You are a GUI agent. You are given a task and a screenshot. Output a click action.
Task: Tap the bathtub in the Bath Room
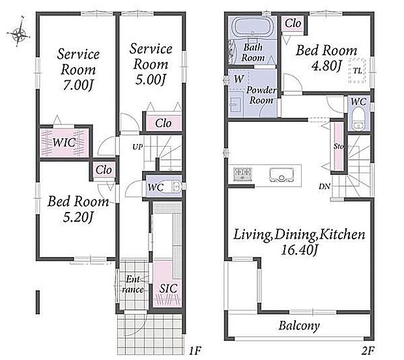pyautogui.click(x=253, y=27)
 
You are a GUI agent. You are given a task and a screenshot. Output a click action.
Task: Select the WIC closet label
pyautogui.click(x=64, y=142)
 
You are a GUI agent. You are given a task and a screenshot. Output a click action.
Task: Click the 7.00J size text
pyautogui.click(x=78, y=85)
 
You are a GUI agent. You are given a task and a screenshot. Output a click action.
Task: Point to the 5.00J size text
pyautogui.click(x=150, y=79)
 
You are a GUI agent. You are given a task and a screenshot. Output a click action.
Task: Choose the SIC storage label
pyautogui.click(x=168, y=288)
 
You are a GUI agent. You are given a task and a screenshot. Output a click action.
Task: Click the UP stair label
pyautogui.click(x=137, y=147)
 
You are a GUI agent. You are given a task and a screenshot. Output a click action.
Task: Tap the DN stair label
pyautogui.click(x=325, y=186)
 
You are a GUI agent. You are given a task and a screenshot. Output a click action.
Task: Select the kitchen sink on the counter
pyautogui.click(x=282, y=175)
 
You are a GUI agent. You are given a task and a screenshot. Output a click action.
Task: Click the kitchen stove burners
pyautogui.click(x=242, y=173)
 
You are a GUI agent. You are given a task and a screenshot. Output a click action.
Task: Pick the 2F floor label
pyautogui.click(x=367, y=351)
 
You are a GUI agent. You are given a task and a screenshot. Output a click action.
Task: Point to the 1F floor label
pyautogui.click(x=195, y=351)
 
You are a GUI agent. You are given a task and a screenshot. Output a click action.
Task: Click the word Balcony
pyautogui.click(x=299, y=325)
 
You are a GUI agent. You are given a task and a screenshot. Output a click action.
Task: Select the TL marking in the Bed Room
pyautogui.click(x=357, y=70)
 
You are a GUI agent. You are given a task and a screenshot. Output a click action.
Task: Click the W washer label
pyautogui.click(x=238, y=79)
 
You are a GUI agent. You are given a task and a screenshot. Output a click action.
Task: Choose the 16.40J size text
pyautogui.click(x=299, y=250)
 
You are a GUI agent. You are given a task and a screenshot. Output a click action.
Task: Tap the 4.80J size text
pyautogui.click(x=326, y=65)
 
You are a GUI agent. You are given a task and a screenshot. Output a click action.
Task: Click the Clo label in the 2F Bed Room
pyautogui.click(x=293, y=23)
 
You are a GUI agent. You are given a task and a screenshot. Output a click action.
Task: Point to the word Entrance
pyautogui.click(x=133, y=284)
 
